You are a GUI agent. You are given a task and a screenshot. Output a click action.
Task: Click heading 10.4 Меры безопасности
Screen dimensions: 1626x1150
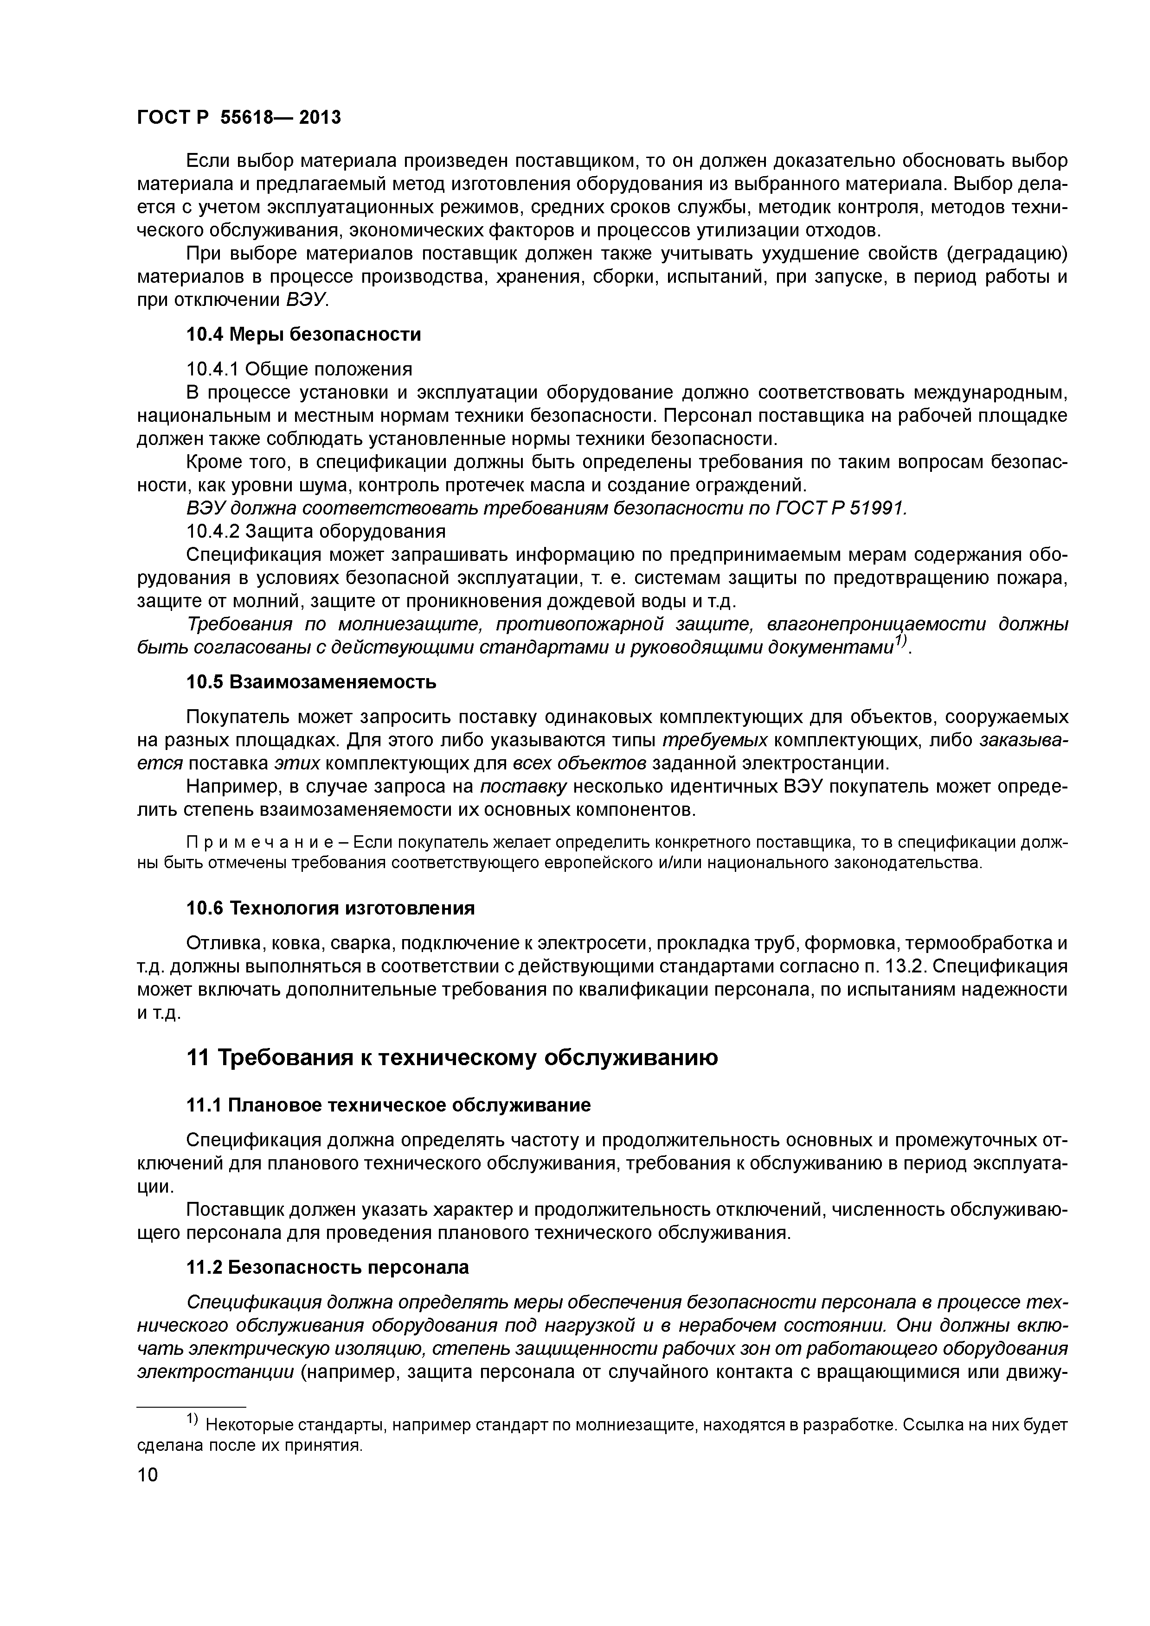303,334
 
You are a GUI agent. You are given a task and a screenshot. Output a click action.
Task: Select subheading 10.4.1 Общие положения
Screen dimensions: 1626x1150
298,369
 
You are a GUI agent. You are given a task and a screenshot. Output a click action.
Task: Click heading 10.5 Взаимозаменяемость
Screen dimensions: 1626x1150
310,682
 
